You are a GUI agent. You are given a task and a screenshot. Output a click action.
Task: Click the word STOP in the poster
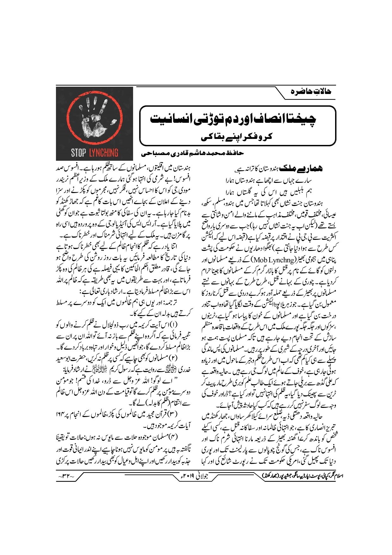click(x=78, y=153)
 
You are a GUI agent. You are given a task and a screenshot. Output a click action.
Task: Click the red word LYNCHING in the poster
click(x=103, y=153)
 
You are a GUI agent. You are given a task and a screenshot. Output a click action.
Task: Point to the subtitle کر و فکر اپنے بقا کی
click(x=237, y=137)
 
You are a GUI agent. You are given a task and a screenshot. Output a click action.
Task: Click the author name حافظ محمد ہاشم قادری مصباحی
click(x=193, y=153)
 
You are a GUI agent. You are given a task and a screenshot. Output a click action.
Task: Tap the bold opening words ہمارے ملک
click(x=303, y=169)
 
